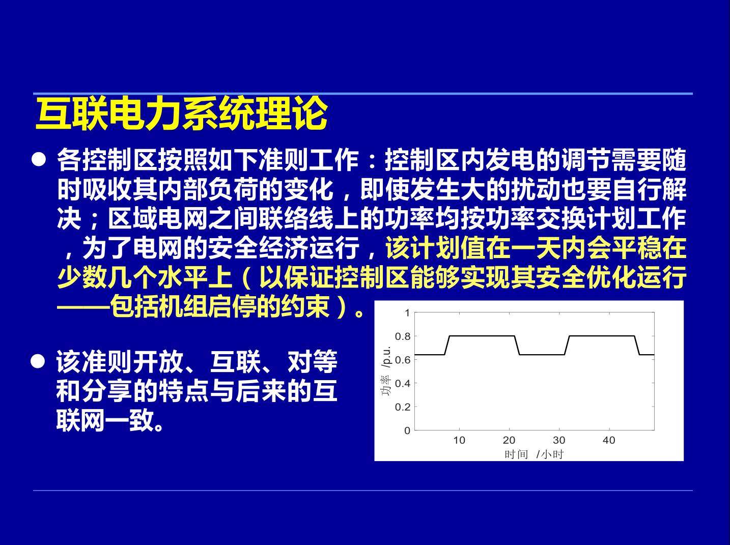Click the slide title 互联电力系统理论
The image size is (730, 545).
pos(182,113)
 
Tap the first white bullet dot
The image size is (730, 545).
pos(39,159)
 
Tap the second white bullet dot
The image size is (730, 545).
pos(38,361)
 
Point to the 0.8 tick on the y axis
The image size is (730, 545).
pos(403,336)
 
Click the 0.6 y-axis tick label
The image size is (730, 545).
pos(403,360)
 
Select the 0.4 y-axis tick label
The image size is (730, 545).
pos(403,384)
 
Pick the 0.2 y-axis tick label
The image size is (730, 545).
pos(403,407)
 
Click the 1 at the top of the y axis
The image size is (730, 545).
pos(407,313)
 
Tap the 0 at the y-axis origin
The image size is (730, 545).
pos(407,431)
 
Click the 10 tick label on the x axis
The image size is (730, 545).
pos(459,440)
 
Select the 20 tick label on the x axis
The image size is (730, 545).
pos(509,440)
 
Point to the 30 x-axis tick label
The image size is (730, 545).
pos(559,440)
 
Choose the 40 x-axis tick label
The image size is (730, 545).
pos(609,440)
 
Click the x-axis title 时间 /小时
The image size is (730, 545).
pos(534,454)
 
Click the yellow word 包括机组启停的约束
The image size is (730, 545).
pos(220,306)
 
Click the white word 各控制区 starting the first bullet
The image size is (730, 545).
pos(107,160)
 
